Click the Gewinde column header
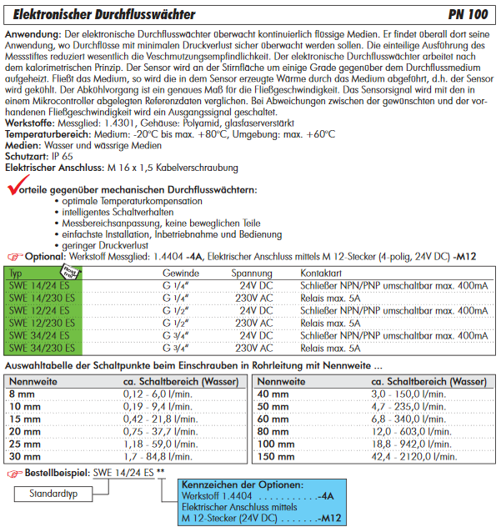(180, 273)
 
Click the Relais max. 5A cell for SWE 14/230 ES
(330, 298)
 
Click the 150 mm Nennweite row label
(276, 456)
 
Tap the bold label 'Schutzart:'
(27, 156)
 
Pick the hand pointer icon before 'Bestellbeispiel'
(13, 474)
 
